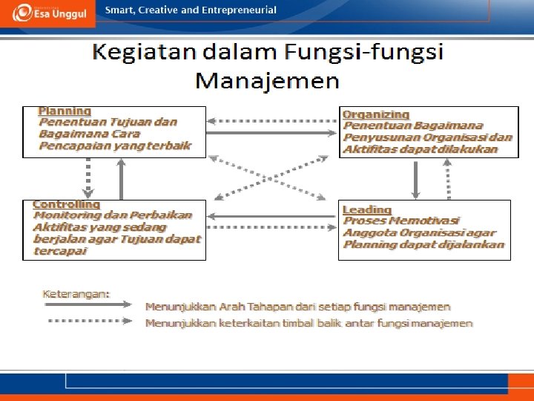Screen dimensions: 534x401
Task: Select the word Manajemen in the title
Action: (x=267, y=79)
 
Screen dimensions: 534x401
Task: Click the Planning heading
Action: (x=65, y=111)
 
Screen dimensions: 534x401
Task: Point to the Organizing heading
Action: (x=376, y=114)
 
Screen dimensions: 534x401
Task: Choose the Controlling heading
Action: (x=67, y=203)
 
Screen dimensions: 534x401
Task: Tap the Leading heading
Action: (x=366, y=209)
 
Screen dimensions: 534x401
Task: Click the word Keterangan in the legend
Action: (x=76, y=293)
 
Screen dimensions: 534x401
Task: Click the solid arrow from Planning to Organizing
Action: (x=272, y=134)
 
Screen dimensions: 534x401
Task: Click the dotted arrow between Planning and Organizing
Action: (x=272, y=119)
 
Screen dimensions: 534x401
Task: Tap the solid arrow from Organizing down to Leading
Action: (x=415, y=179)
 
